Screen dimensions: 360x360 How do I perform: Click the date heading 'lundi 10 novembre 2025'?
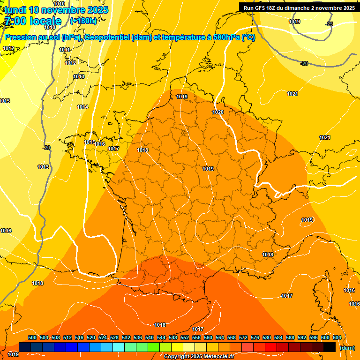point(56,10)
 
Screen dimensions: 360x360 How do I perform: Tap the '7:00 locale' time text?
point(33,21)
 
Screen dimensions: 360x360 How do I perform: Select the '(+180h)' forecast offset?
point(83,21)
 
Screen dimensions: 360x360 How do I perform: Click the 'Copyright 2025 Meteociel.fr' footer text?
point(199,356)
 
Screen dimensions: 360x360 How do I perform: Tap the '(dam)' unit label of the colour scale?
point(347,348)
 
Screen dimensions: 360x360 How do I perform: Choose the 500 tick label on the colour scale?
point(32,337)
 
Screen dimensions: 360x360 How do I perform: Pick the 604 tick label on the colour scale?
point(337,337)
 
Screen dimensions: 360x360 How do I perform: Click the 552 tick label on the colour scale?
point(185,337)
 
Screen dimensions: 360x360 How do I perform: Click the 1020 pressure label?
point(218,112)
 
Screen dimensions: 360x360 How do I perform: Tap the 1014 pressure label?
point(82,107)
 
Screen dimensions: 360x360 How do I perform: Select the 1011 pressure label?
point(64,50)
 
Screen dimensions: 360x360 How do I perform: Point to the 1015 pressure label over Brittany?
point(89,142)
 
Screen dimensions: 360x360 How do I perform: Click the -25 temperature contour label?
point(330,24)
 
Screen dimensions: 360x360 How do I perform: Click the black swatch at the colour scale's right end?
point(330,347)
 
